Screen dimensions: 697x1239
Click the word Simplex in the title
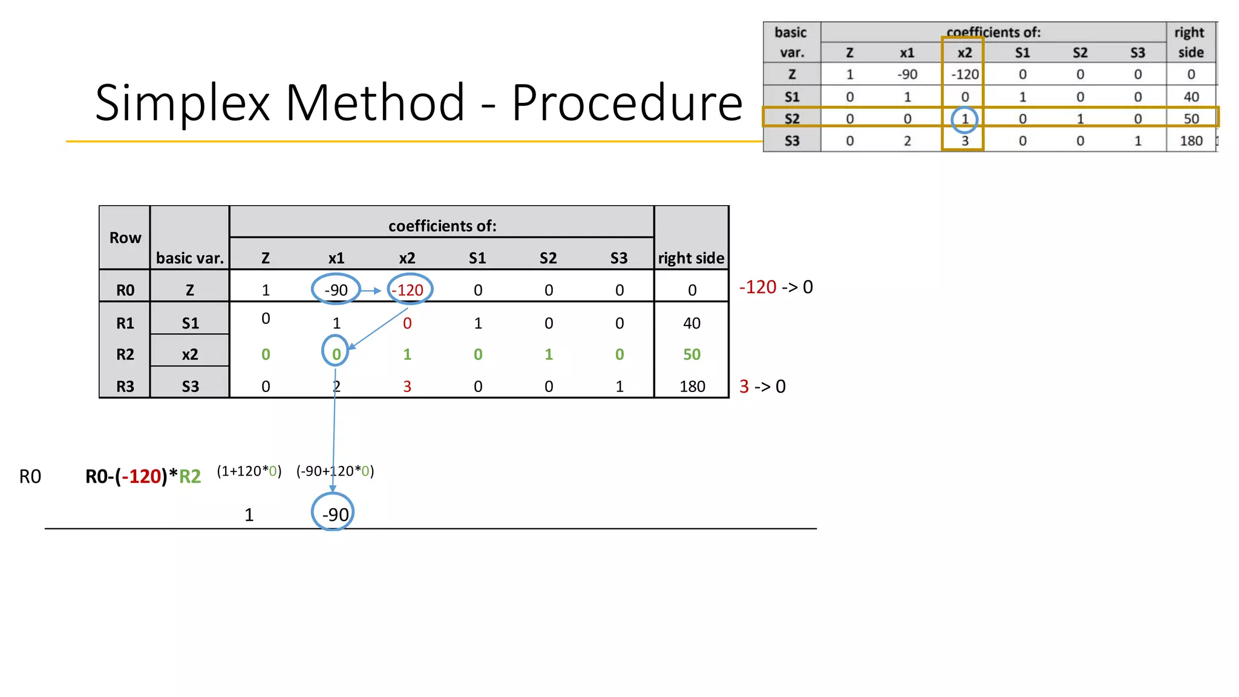click(x=182, y=103)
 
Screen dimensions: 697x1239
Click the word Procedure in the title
click(x=627, y=103)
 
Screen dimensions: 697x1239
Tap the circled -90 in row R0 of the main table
click(x=336, y=290)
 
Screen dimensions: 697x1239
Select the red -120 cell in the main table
click(x=409, y=290)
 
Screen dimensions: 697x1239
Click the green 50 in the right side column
click(x=691, y=355)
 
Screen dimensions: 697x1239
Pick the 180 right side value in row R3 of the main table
click(x=692, y=387)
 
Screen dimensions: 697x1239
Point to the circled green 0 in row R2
click(x=336, y=355)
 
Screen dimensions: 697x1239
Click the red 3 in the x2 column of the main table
click(x=407, y=387)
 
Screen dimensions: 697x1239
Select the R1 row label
click(x=125, y=323)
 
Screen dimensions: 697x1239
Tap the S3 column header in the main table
click(x=619, y=258)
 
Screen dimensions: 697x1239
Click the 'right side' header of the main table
click(x=691, y=258)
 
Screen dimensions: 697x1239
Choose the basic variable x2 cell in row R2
click(x=190, y=355)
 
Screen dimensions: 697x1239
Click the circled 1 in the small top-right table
click(x=965, y=119)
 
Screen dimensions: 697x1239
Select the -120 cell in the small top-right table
click(x=964, y=74)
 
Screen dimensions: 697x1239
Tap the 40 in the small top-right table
click(x=1191, y=97)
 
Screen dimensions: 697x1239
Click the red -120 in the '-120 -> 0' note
click(x=757, y=287)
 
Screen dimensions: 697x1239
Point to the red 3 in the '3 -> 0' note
click(x=744, y=387)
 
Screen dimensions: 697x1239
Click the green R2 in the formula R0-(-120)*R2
click(x=190, y=477)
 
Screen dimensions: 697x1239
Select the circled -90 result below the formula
click(x=335, y=514)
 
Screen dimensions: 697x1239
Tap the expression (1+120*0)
click(x=249, y=471)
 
